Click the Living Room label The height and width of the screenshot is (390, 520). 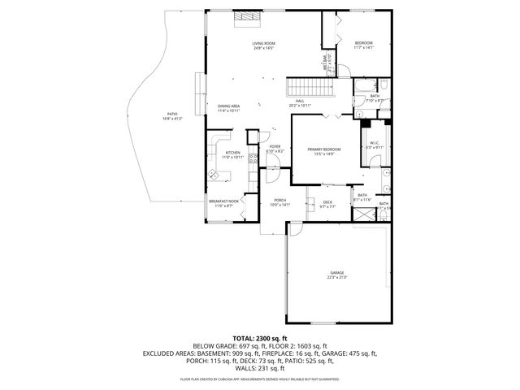click(x=263, y=43)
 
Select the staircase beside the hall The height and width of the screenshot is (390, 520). click(x=303, y=88)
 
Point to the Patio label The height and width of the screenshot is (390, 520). click(x=172, y=114)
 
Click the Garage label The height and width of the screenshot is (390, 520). click(x=336, y=272)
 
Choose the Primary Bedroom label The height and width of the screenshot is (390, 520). click(x=323, y=149)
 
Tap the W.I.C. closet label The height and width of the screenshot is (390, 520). click(x=374, y=143)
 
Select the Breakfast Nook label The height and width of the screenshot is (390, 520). click(x=223, y=201)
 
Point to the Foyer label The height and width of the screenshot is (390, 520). click(x=275, y=146)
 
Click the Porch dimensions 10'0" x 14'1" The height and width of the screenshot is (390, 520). click(x=279, y=205)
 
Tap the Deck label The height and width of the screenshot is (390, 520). click(x=327, y=201)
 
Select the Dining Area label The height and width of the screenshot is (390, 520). click(x=228, y=106)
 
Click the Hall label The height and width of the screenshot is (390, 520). click(x=300, y=101)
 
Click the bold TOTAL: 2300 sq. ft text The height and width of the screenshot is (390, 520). click(x=260, y=337)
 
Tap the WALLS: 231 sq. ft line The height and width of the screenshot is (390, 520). click(x=260, y=370)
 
